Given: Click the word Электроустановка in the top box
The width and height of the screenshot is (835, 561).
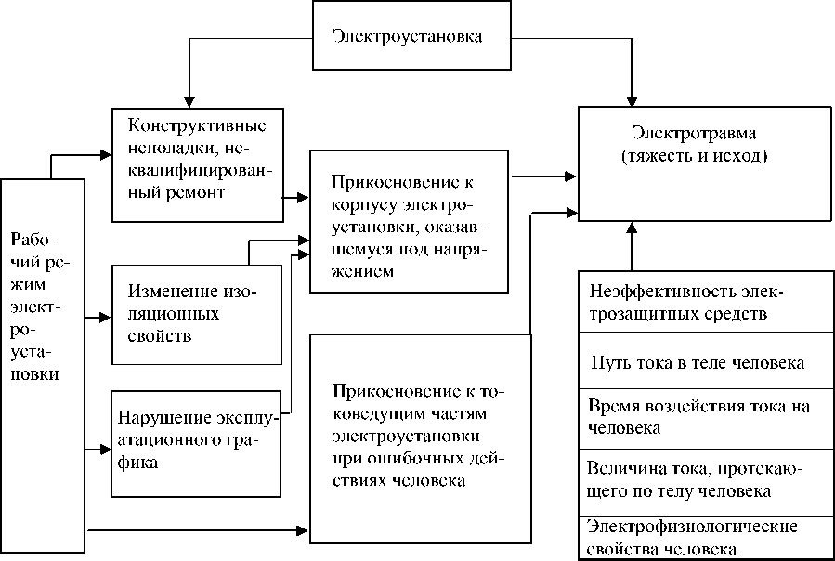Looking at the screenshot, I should pos(408,37).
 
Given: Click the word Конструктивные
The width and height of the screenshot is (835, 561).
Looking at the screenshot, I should pos(198,125).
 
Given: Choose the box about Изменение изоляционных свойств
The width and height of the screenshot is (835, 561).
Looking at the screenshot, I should pos(196,314).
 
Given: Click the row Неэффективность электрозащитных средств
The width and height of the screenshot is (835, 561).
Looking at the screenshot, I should pos(705,304).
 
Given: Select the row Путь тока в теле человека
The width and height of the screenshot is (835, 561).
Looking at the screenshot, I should pos(705,362).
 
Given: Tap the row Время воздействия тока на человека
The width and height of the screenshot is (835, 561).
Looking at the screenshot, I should pos(705,417).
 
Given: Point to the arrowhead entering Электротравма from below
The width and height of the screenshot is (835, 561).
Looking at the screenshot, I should pos(632,228).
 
